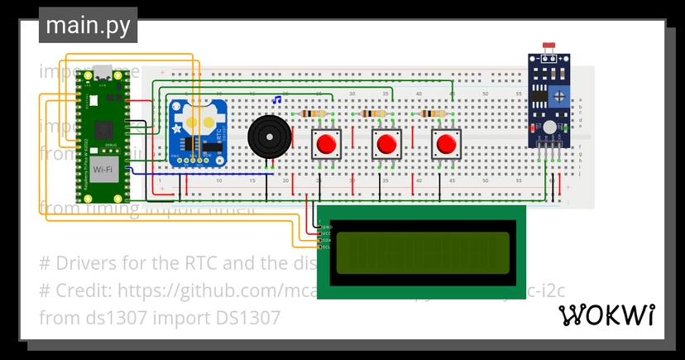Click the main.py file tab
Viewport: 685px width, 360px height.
click(88, 26)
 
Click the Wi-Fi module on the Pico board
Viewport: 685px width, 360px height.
click(103, 170)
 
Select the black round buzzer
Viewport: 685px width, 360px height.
click(270, 136)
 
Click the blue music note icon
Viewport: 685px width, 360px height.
click(277, 100)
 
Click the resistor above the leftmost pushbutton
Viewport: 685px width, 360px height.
click(315, 114)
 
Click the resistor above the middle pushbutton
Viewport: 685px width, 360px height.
click(376, 114)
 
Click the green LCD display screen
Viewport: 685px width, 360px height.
click(421, 252)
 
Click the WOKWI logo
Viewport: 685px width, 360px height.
click(607, 315)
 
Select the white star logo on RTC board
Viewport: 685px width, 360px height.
click(176, 128)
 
